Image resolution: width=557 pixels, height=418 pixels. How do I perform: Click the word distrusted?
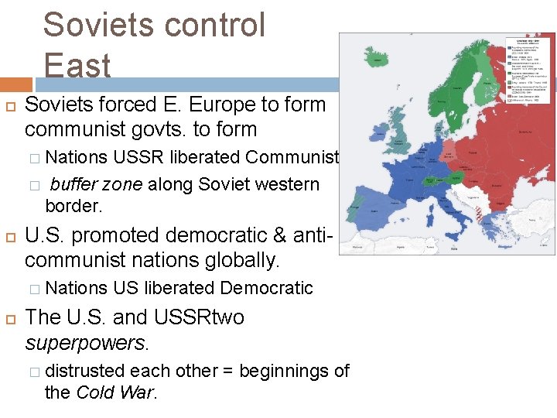pos(87,371)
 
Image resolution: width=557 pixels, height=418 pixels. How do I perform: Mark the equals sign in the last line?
pos(228,371)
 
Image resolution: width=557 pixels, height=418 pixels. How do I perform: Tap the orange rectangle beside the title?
pos(16,84)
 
